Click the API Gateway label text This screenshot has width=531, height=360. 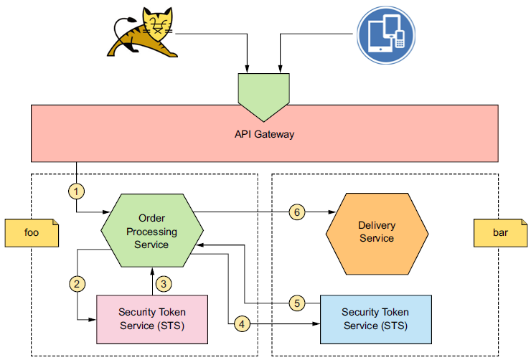tap(264, 134)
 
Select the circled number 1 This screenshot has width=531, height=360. tap(76, 192)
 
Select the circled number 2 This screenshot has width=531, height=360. tap(77, 283)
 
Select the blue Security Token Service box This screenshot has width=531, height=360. tap(376, 318)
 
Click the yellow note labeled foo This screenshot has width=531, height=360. tap(32, 232)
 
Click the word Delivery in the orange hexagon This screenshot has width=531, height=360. tap(377, 226)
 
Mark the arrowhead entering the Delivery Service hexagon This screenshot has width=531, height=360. tap(332, 212)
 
